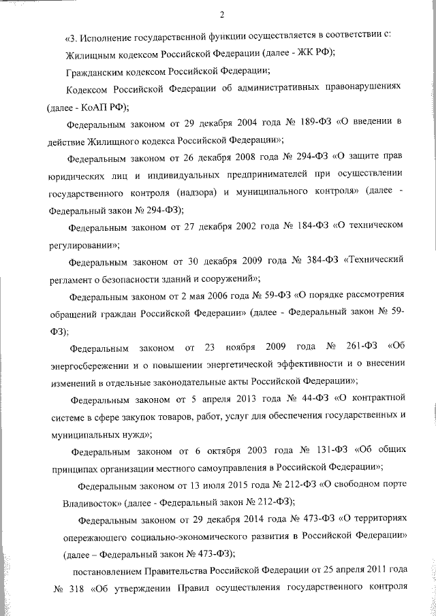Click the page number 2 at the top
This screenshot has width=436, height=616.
(222, 16)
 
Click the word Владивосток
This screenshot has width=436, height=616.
(84, 502)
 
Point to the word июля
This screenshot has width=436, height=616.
(196, 486)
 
